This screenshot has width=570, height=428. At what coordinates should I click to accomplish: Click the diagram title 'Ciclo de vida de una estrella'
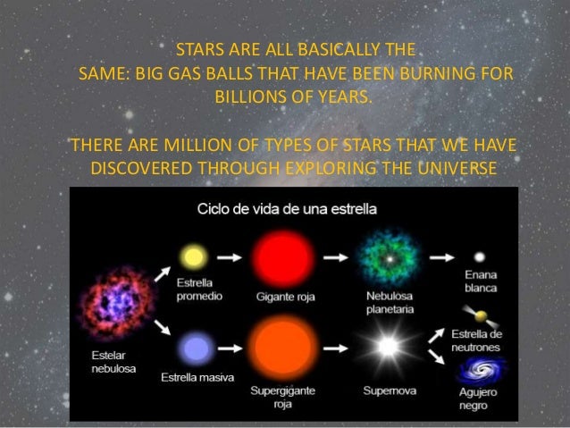[x=286, y=210]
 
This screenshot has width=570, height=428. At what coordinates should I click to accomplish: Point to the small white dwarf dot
[x=481, y=256]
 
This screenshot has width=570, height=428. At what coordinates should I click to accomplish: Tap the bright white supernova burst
[x=388, y=346]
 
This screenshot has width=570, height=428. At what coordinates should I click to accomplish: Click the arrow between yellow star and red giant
[x=229, y=257]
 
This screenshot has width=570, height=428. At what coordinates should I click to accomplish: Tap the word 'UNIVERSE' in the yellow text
[x=452, y=168]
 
